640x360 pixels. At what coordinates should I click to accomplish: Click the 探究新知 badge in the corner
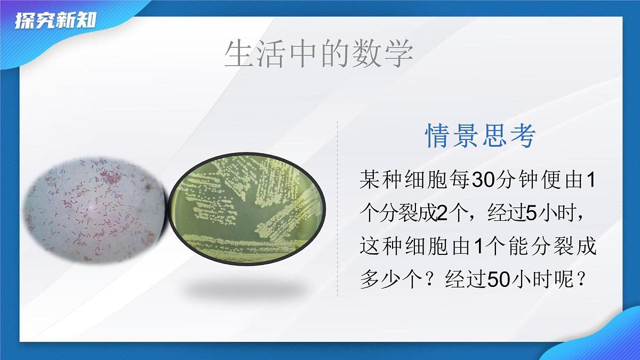coord(55,22)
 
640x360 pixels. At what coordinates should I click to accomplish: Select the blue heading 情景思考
coord(480,136)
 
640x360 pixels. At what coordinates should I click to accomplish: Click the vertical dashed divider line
coord(338,208)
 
